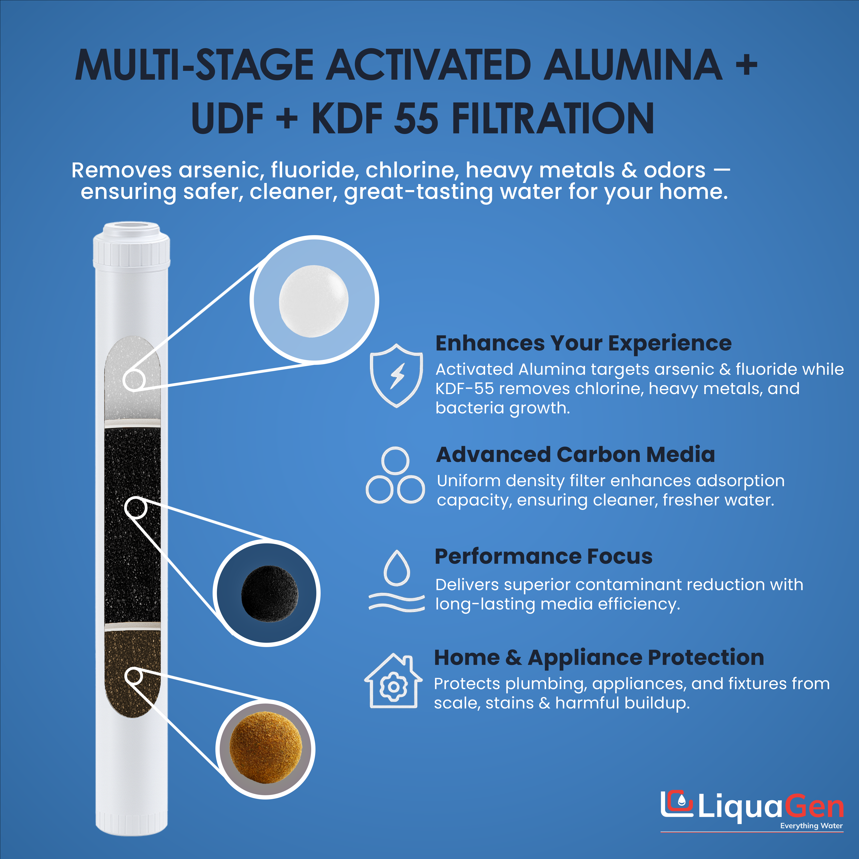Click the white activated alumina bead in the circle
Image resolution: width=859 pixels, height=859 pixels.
[314, 301]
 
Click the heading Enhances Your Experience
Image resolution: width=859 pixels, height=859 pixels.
[583, 343]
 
